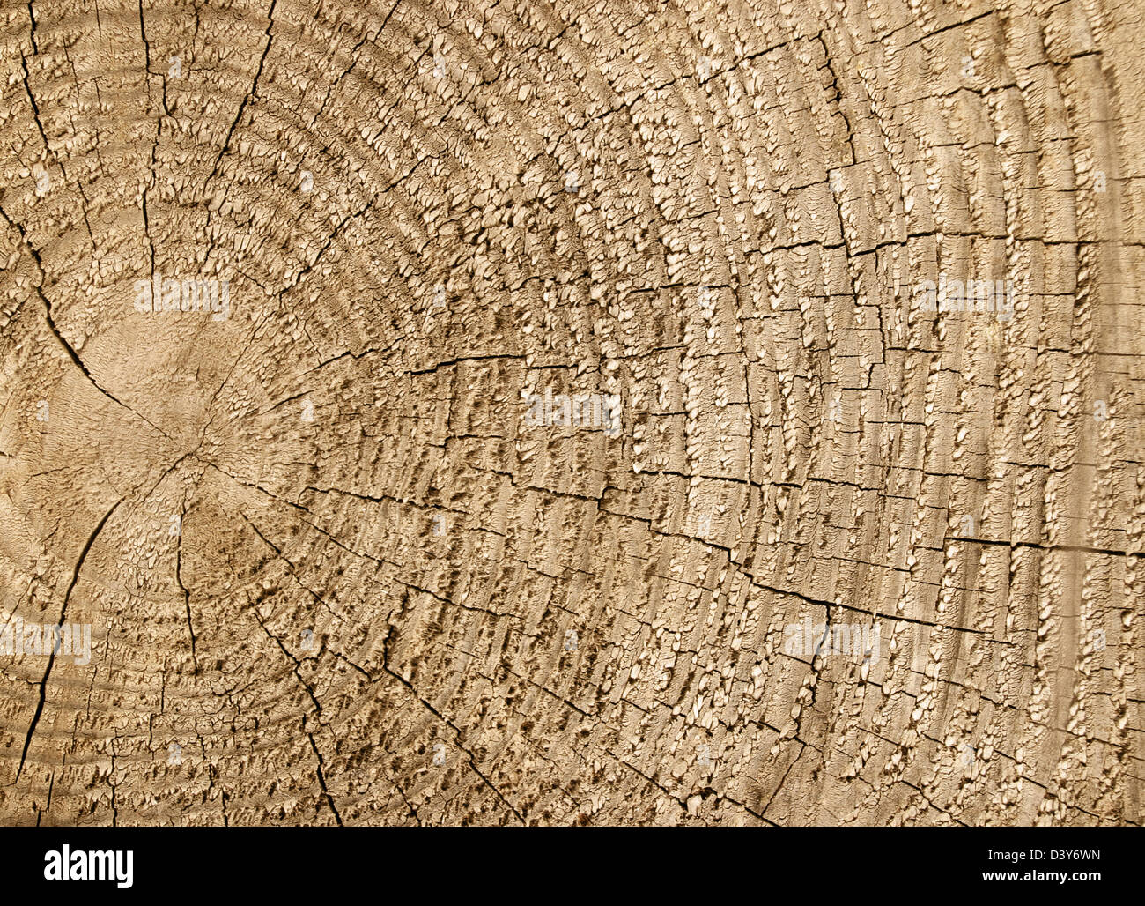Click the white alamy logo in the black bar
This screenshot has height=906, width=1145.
(88, 865)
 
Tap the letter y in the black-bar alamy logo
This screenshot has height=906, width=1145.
(124, 869)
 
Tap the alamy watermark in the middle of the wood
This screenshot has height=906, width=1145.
(572, 411)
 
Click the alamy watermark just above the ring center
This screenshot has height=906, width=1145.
(182, 297)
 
